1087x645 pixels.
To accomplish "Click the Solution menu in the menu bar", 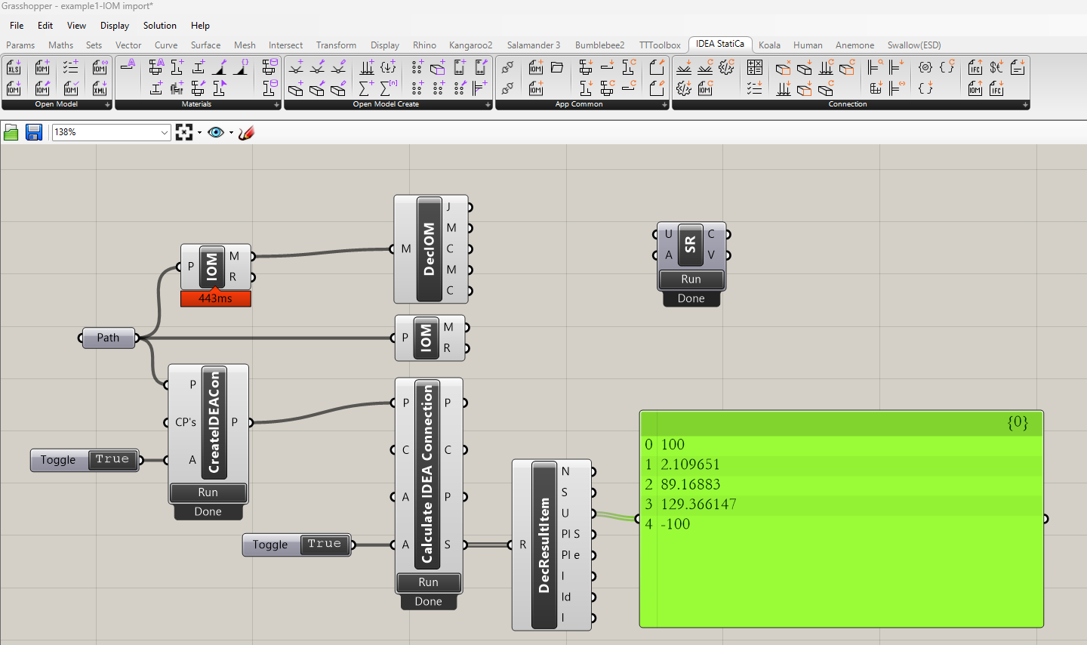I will pos(159,26).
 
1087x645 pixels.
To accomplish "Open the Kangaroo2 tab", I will pos(470,45).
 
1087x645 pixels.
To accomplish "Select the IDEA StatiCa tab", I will pos(719,45).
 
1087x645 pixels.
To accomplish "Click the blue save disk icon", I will pos(34,133).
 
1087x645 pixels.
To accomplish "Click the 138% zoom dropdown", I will pos(111,132).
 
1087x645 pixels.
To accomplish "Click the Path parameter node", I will pos(108,338).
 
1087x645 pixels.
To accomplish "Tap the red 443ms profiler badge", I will pos(215,298).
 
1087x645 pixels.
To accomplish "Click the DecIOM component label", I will pos(429,248).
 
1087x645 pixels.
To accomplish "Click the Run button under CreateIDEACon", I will pos(208,492).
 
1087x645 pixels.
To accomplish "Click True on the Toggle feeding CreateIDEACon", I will pos(112,459).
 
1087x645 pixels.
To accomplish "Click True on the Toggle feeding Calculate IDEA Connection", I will pos(324,544).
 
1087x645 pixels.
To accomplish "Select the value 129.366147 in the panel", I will pos(698,504).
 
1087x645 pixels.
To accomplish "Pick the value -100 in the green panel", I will pos(675,523).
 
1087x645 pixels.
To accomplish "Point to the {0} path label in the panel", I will pos(1017,422).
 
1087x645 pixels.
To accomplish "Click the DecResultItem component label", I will pos(543,545).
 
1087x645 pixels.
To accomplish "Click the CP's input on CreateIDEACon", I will pos(185,422).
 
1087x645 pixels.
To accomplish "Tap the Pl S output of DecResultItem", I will pos(570,534).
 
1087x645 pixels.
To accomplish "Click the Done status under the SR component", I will pos(691,298).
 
